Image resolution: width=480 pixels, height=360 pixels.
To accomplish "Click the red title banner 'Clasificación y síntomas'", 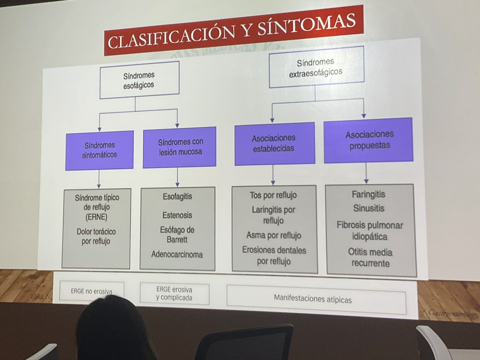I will (234, 31).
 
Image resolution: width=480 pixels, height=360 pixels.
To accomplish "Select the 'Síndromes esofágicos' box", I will (139, 80).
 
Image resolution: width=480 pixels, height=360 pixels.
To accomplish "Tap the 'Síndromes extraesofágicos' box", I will (316, 67).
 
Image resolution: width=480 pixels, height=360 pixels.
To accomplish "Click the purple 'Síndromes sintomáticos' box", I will (100, 150).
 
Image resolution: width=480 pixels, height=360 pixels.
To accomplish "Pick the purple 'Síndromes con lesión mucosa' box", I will (180, 147).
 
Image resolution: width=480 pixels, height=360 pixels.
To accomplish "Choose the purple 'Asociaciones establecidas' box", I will (274, 143).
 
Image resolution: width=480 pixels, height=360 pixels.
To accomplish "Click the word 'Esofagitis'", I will (177, 196).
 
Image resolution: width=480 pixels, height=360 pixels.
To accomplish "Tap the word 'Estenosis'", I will (177, 215).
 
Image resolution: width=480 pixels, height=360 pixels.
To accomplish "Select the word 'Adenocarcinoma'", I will (177, 254).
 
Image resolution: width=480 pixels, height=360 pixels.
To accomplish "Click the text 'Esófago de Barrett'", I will (177, 235).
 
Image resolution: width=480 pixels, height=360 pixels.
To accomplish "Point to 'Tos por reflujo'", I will (274, 196).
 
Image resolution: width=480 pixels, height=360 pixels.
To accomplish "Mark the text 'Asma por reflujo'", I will (274, 235).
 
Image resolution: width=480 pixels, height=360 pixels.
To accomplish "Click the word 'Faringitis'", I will (368, 194).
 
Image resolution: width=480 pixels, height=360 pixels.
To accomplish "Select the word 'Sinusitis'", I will (368, 208).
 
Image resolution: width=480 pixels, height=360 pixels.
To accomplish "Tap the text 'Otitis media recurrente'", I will (370, 258).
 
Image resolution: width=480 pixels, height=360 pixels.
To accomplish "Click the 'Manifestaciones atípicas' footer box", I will (313, 298).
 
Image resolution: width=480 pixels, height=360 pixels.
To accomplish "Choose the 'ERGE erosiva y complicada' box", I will (174, 294).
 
